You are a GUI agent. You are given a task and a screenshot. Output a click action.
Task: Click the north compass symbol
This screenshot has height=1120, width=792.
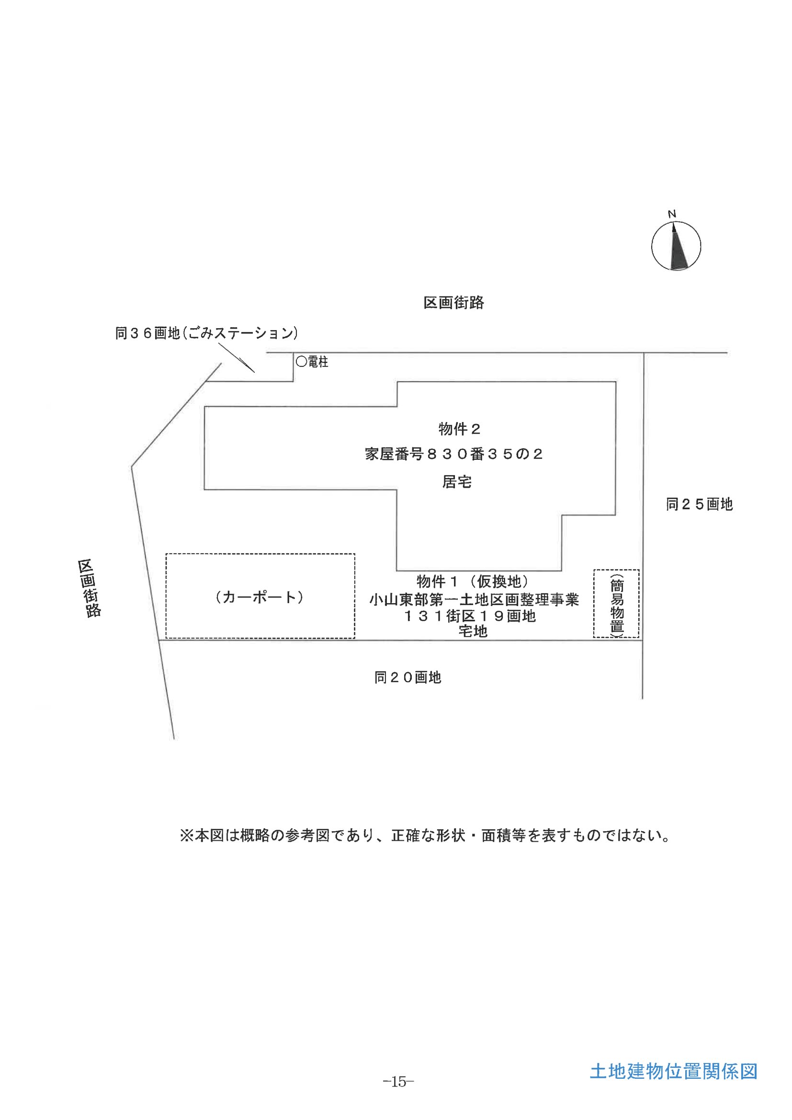pyautogui.click(x=676, y=246)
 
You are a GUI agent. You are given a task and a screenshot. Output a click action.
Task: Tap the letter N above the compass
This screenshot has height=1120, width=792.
pyautogui.click(x=672, y=214)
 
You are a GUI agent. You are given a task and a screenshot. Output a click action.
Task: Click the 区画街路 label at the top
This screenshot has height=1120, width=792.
pyautogui.click(x=453, y=303)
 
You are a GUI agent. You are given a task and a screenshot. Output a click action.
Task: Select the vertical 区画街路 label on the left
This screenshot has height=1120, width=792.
pyautogui.click(x=89, y=588)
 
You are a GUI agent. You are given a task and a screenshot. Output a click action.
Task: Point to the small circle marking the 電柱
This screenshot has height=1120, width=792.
pyautogui.click(x=301, y=362)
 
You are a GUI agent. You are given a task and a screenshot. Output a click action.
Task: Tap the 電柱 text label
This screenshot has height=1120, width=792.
pyautogui.click(x=318, y=362)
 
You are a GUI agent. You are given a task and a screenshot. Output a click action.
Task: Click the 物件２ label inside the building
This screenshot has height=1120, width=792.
pyautogui.click(x=459, y=429)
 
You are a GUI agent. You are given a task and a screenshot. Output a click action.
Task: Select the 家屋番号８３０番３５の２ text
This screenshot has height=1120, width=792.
pyautogui.click(x=454, y=455)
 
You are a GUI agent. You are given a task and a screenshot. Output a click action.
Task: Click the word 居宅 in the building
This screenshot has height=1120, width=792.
pyautogui.click(x=457, y=482)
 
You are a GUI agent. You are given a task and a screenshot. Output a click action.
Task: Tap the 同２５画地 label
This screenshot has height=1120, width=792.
pyautogui.click(x=699, y=504)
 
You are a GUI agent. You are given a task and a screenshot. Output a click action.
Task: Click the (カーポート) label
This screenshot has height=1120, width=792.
pyautogui.click(x=260, y=597)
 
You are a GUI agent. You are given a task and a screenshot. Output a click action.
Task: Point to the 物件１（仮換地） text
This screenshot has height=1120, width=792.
pyautogui.click(x=473, y=582)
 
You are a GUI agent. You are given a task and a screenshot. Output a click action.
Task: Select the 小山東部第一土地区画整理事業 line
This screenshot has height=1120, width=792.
pyautogui.click(x=474, y=599)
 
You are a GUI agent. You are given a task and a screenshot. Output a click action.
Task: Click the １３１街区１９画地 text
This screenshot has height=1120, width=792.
pyautogui.click(x=470, y=616)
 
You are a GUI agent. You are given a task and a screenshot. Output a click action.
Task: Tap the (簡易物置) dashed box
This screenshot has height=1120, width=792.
pyautogui.click(x=616, y=604)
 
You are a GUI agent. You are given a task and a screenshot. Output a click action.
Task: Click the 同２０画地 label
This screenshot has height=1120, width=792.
pyautogui.click(x=407, y=677)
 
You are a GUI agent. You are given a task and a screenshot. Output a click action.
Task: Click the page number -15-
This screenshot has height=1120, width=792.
pyautogui.click(x=398, y=1082)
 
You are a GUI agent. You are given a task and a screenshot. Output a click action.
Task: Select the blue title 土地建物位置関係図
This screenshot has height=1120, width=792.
pyautogui.click(x=674, y=1071)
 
